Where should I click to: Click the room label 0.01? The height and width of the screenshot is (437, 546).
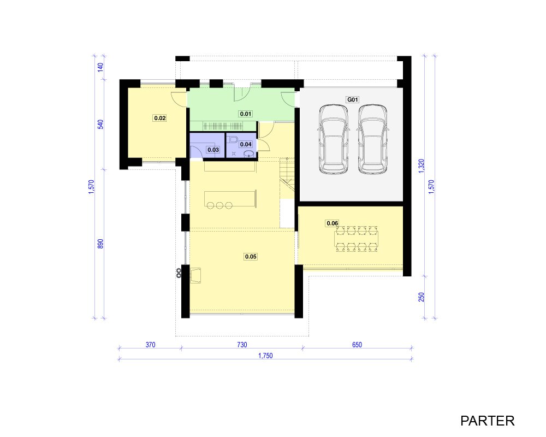point(246,114)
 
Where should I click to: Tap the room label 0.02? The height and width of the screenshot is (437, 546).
point(160,118)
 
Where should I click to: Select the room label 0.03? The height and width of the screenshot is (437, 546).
point(213,150)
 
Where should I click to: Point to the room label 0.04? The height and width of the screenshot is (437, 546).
point(246,144)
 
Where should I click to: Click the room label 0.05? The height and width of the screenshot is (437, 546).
point(251,257)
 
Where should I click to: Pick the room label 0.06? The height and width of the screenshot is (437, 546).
point(332,223)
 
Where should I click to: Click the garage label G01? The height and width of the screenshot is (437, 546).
point(352,99)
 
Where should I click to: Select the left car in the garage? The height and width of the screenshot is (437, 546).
point(334,139)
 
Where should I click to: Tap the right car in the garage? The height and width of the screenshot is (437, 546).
point(372,139)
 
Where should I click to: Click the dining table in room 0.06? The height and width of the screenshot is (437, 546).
point(356,239)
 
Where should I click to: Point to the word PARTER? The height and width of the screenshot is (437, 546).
point(487,421)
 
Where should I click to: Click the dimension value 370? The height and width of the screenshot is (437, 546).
point(151,345)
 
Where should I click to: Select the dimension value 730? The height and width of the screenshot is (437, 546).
point(242,345)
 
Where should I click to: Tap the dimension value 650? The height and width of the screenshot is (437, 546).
point(357,345)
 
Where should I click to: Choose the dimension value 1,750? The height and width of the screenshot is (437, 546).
point(265,356)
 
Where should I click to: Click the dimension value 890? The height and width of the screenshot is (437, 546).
point(100,244)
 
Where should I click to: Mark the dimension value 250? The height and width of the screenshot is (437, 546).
point(422,297)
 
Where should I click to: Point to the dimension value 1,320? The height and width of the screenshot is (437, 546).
point(422,166)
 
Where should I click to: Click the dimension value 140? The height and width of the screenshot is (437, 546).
point(100,67)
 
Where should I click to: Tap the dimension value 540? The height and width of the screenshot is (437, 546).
point(100,125)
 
